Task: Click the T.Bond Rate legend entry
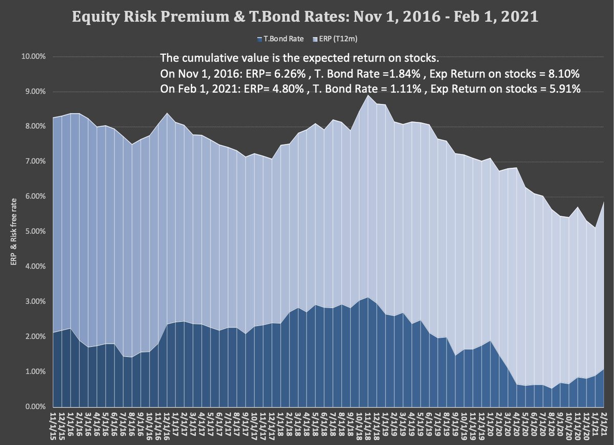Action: point(273,39)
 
